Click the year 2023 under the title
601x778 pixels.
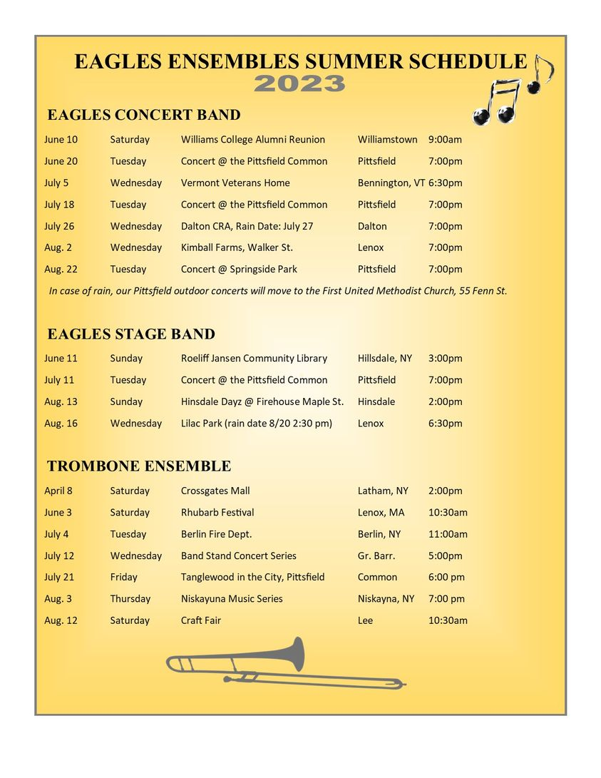click(x=299, y=84)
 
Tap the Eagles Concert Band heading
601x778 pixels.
click(x=143, y=115)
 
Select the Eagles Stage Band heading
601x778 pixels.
click(x=130, y=334)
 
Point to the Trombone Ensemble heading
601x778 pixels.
click(x=139, y=466)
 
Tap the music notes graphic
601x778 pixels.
click(x=512, y=91)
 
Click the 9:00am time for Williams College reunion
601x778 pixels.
click(x=445, y=140)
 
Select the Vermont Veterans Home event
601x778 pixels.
click(x=235, y=183)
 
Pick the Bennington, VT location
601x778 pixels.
click(x=391, y=183)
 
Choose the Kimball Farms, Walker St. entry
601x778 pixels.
click(x=237, y=247)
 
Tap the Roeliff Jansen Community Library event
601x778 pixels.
click(x=254, y=359)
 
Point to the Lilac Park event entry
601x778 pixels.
click(x=257, y=424)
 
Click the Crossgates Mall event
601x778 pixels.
click(x=215, y=491)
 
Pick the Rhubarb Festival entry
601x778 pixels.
click(x=217, y=513)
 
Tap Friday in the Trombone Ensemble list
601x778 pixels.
click(x=123, y=577)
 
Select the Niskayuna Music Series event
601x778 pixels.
click(x=232, y=599)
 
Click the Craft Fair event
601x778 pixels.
click(x=201, y=620)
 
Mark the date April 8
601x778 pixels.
click(x=58, y=491)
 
